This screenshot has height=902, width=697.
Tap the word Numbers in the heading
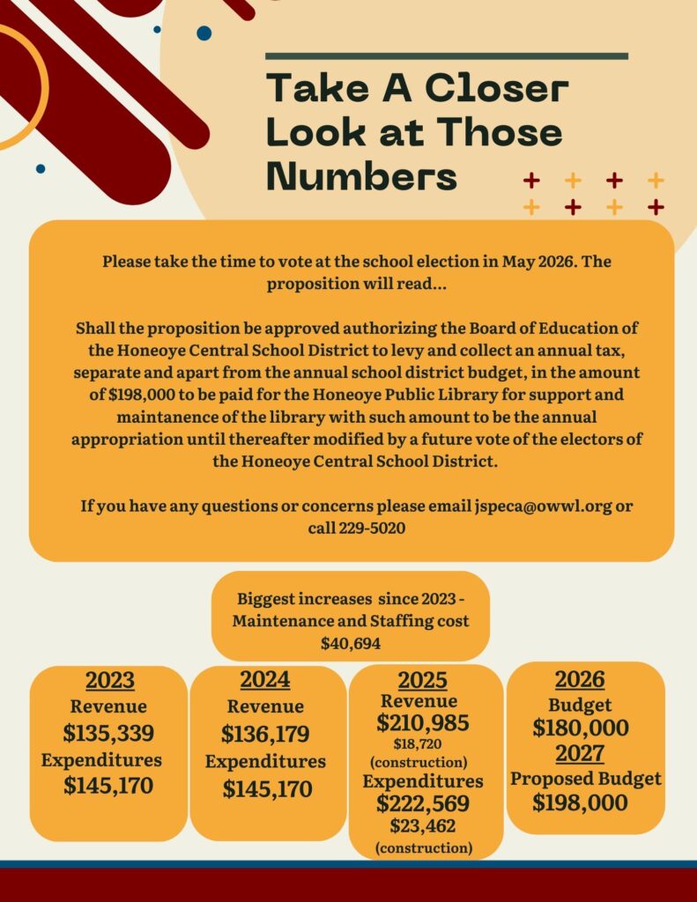(361, 175)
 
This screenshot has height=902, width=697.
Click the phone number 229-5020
(372, 528)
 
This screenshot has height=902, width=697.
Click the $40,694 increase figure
(350, 643)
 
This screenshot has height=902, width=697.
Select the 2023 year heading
(109, 681)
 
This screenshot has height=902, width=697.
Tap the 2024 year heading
(264, 680)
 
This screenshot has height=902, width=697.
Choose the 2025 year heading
(422, 681)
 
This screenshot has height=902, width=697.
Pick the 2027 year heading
(579, 753)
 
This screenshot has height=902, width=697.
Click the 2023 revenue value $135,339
(108, 733)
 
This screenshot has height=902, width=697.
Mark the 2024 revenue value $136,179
(265, 734)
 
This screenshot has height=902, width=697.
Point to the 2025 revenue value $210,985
(422, 723)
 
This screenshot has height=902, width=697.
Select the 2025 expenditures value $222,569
(422, 803)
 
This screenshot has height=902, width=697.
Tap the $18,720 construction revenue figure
(422, 744)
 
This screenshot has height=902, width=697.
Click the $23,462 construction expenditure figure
(422, 826)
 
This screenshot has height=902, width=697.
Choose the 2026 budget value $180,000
(580, 728)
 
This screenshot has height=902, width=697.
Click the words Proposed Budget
(585, 779)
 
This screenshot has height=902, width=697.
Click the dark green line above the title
(447, 56)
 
